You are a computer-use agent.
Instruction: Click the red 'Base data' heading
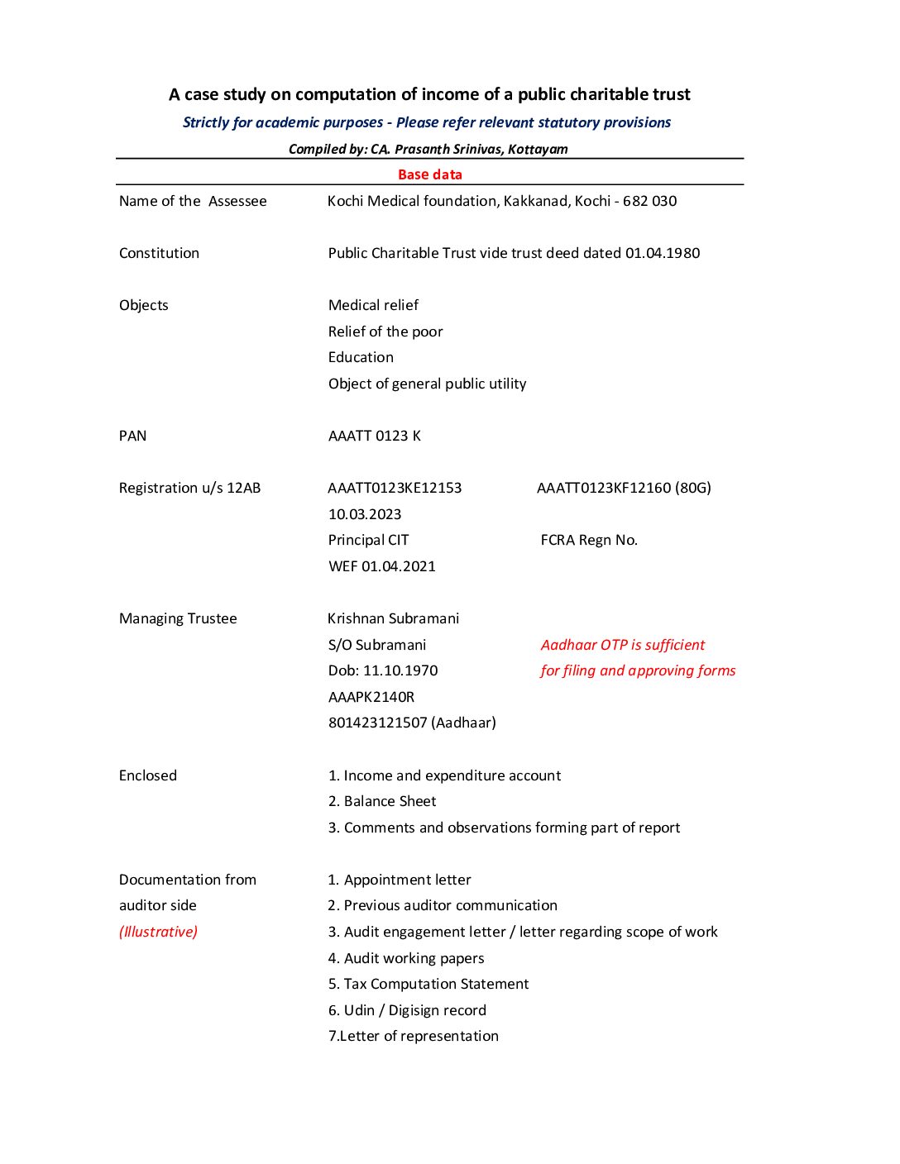pyautogui.click(x=429, y=174)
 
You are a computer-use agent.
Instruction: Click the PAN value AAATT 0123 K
pyautogui.click(x=374, y=436)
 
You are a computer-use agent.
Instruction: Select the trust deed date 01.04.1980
pyautogui.click(x=663, y=253)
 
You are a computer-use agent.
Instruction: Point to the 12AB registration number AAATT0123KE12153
pyautogui.click(x=395, y=488)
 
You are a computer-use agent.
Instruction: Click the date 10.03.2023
pyautogui.click(x=365, y=514)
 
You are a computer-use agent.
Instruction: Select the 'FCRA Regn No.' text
pyautogui.click(x=589, y=540)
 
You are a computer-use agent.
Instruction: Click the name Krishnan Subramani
pyautogui.click(x=393, y=618)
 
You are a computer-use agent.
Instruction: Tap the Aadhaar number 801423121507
pyautogui.click(x=377, y=723)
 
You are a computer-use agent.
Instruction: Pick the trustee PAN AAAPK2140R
pyautogui.click(x=371, y=697)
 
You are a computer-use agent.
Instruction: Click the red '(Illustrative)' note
pyautogui.click(x=158, y=932)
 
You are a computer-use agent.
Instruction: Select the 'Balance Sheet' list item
pyautogui.click(x=390, y=801)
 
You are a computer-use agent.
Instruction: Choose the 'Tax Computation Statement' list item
pyautogui.click(x=436, y=984)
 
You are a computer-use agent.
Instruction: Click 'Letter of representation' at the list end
pyautogui.click(x=419, y=1036)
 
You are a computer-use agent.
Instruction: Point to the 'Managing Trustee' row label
pyautogui.click(x=178, y=618)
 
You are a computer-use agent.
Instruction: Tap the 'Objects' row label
pyautogui.click(x=143, y=305)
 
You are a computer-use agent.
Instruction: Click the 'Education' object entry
pyautogui.click(x=361, y=357)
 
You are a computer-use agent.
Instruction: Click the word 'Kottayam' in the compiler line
pyautogui.click(x=538, y=150)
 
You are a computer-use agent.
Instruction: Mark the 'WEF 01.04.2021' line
pyautogui.click(x=381, y=566)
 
